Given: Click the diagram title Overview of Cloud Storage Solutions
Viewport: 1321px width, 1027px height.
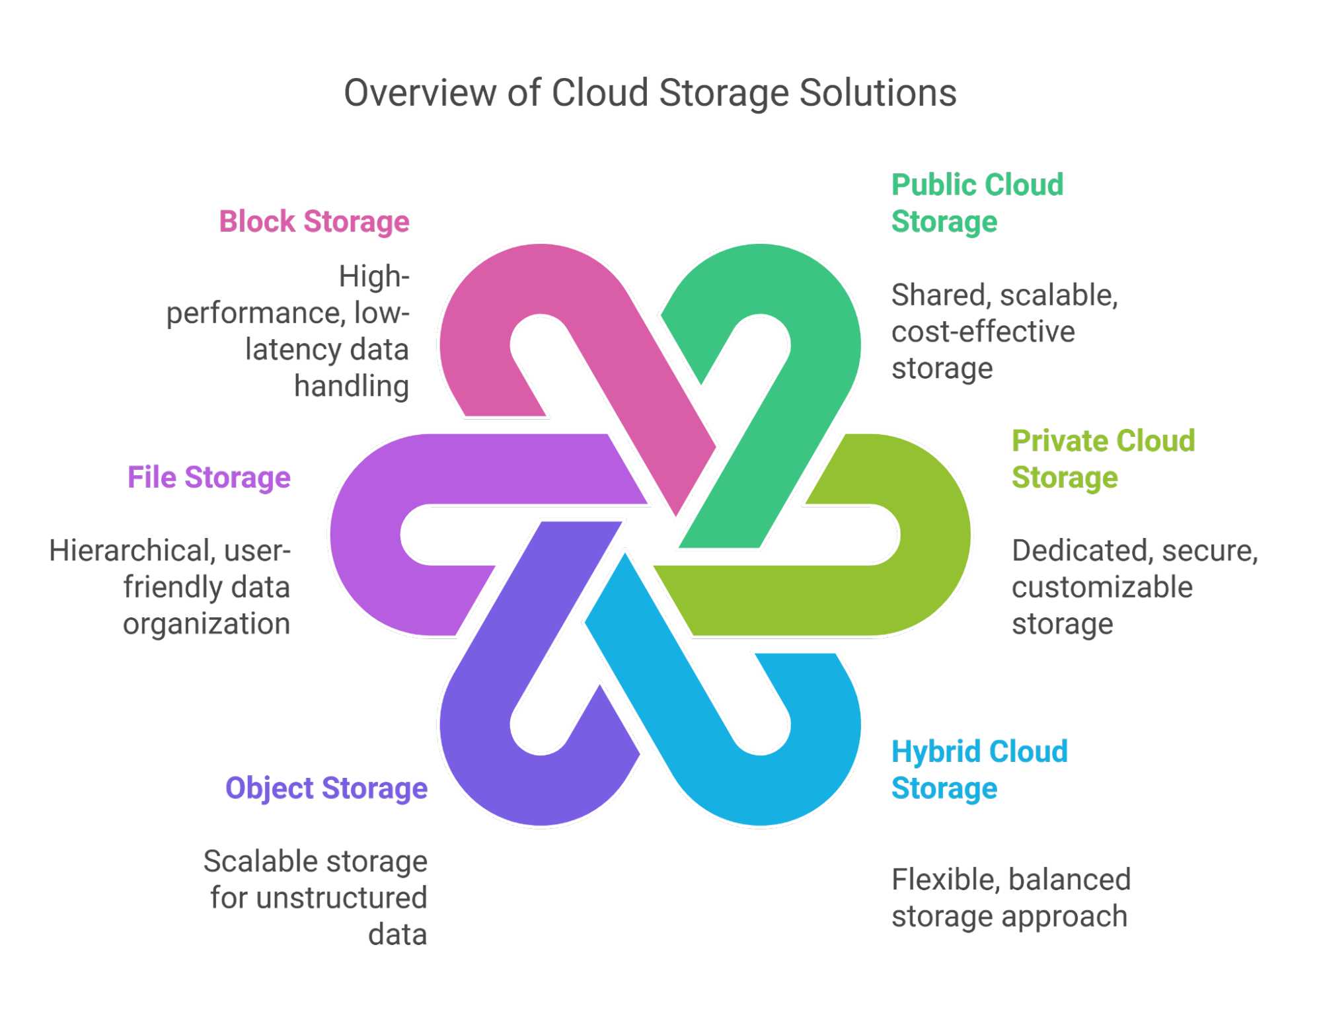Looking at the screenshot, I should point(650,93).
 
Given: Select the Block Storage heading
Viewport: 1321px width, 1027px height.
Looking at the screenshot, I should point(314,221).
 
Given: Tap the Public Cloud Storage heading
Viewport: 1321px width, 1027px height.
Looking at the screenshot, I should point(977,203).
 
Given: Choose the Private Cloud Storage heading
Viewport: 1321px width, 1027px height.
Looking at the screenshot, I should point(1103,459).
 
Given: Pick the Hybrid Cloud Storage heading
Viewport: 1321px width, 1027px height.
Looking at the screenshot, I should point(979,770).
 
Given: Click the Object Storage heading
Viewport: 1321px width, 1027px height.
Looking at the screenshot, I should point(326,788).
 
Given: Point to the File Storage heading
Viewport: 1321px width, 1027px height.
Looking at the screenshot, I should point(209,477).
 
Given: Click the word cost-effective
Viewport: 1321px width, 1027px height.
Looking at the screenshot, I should point(983,332).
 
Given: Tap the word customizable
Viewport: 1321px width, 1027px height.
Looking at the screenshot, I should point(1102,588).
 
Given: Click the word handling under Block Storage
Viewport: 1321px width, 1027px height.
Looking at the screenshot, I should point(351,387).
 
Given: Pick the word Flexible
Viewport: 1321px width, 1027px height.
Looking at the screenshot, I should point(946,880).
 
